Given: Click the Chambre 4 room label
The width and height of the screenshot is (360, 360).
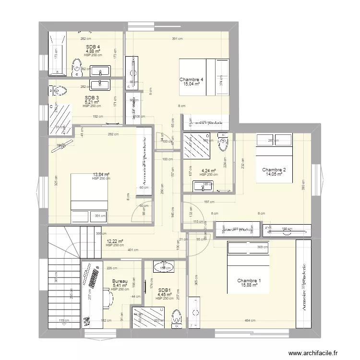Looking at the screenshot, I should tap(192, 80).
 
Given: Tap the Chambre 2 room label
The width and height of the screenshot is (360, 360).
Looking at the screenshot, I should tap(274, 170).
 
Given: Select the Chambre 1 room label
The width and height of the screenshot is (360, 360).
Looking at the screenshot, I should tap(250, 281).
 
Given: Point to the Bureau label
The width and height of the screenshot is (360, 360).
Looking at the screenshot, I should tap(120, 282).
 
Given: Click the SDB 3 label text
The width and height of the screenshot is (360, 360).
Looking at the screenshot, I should tap(92, 98).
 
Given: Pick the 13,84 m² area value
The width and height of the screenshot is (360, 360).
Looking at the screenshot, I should tap(101, 175).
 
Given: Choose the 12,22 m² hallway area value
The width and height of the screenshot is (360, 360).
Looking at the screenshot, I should tap(115, 241).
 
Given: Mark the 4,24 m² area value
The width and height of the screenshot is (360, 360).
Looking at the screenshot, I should tap(208, 170).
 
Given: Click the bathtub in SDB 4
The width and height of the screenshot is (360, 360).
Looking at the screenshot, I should tap(57, 55).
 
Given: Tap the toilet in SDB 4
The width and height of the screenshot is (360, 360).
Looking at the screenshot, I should tap(76, 67).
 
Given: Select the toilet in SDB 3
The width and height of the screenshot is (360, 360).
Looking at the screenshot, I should tap(59, 91).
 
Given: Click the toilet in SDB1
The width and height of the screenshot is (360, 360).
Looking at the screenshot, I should tap(177, 316).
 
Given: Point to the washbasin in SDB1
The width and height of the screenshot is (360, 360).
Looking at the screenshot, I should tap(165, 267).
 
